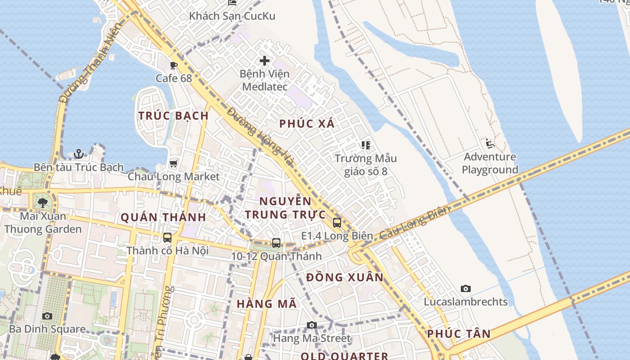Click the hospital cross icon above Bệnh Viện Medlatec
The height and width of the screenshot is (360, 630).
265,61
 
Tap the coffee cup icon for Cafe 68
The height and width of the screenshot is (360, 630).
174,66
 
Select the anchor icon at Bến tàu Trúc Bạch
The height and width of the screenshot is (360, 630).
79,154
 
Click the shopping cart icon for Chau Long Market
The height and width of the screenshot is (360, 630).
174,163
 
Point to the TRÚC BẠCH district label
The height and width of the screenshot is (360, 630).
174,116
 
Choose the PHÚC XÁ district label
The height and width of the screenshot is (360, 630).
307,124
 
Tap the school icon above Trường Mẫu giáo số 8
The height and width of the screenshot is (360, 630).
365,145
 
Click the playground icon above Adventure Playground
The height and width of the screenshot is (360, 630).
490,144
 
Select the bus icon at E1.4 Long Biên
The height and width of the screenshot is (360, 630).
337,222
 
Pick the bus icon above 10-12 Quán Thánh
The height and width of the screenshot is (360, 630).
276,243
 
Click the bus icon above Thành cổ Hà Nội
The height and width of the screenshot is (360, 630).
167,237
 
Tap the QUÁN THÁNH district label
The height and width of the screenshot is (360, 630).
163,217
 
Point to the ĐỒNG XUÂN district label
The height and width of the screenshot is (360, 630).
345,277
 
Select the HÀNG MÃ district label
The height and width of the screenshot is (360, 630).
267,304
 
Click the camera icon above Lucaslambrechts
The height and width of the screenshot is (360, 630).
466,288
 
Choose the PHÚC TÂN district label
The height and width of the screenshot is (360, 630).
459,334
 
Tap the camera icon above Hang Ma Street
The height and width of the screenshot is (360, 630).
311,325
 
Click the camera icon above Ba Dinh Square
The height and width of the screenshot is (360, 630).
47,316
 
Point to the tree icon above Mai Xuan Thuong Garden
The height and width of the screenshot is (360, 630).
43,202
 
